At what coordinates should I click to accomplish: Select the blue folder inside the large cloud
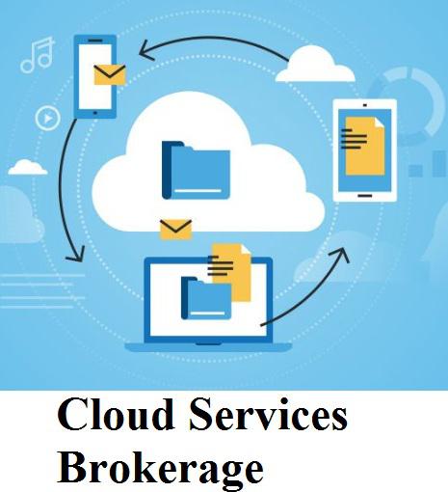tap(196, 170)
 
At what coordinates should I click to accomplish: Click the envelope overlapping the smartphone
tap(110, 75)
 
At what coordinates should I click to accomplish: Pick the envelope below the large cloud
tap(176, 230)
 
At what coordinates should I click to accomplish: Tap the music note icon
tap(38, 55)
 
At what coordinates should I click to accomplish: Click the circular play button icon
tap(47, 119)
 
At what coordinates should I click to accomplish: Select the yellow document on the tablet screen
tap(363, 146)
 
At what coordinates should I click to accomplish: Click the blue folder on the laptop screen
tap(206, 298)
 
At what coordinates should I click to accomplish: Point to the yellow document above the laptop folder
tap(229, 272)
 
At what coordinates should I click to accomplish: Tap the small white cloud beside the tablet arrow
tap(315, 64)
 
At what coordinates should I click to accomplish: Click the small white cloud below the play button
tap(28, 167)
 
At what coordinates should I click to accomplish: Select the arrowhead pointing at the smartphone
tap(146, 51)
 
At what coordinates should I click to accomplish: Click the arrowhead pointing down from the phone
tap(76, 255)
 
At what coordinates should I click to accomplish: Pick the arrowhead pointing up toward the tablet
tap(341, 254)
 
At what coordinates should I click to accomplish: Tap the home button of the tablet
tap(365, 196)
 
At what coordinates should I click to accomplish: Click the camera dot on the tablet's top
tap(365, 105)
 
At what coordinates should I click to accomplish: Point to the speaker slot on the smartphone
tap(94, 41)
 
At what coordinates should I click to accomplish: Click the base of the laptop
tap(208, 347)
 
